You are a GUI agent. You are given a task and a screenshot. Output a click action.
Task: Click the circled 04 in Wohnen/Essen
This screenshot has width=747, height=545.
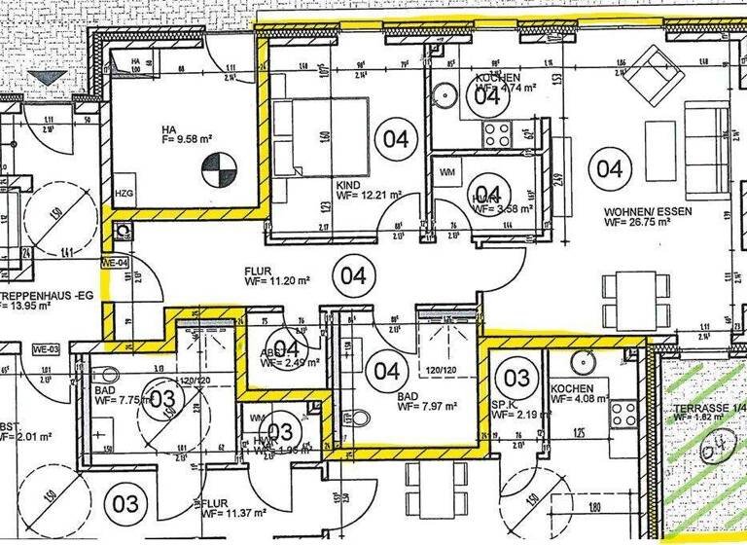(x=609, y=168)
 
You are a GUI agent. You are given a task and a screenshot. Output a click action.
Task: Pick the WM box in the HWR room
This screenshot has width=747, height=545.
(x=448, y=172)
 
